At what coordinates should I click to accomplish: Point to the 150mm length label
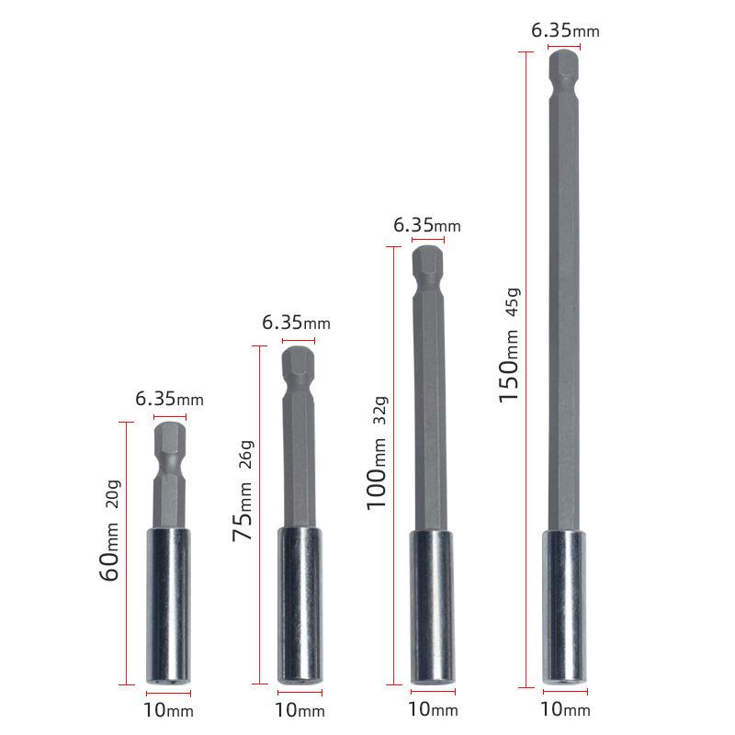(x=510, y=368)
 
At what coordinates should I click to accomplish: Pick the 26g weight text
(x=246, y=456)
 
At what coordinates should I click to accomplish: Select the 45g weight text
(x=513, y=302)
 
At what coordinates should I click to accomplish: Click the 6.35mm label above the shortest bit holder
(x=169, y=399)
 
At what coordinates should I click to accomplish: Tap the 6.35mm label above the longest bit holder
(x=565, y=30)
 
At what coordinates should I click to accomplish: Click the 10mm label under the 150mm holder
(x=564, y=708)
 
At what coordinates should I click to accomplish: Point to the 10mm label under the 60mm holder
(x=168, y=709)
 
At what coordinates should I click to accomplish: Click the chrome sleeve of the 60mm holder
(x=168, y=605)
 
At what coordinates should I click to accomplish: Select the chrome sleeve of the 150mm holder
(x=565, y=606)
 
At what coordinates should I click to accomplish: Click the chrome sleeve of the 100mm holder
(x=431, y=606)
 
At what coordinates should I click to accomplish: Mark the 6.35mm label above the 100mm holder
(x=427, y=225)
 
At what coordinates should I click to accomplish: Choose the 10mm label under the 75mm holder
(x=300, y=709)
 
